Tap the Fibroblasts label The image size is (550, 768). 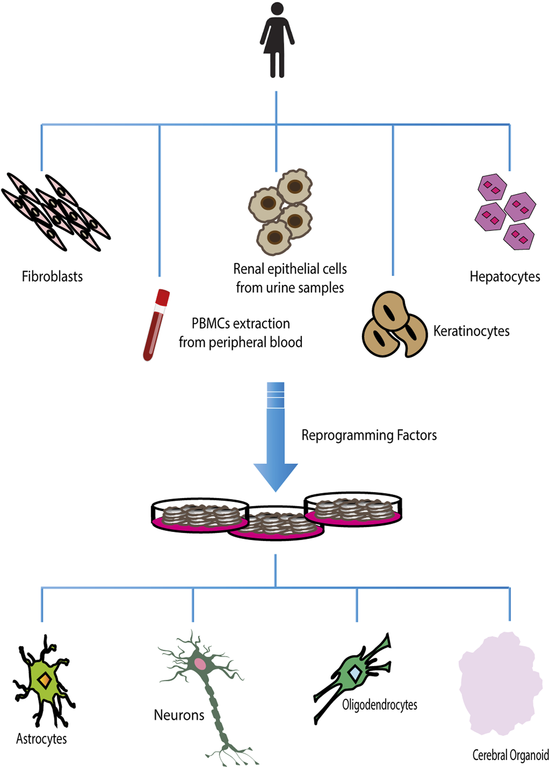point(52,277)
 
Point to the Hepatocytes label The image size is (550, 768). point(505,277)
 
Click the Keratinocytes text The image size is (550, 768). point(471,331)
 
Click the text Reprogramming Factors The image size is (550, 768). point(369,435)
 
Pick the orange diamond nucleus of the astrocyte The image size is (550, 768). point(44,681)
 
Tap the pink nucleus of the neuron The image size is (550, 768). point(200,663)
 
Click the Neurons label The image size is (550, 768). point(179,715)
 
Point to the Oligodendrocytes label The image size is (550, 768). point(379,705)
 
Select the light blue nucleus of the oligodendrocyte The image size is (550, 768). point(355,673)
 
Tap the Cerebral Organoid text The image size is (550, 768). point(510,755)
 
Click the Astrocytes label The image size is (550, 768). point(41,739)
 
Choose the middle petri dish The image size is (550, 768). point(276,525)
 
